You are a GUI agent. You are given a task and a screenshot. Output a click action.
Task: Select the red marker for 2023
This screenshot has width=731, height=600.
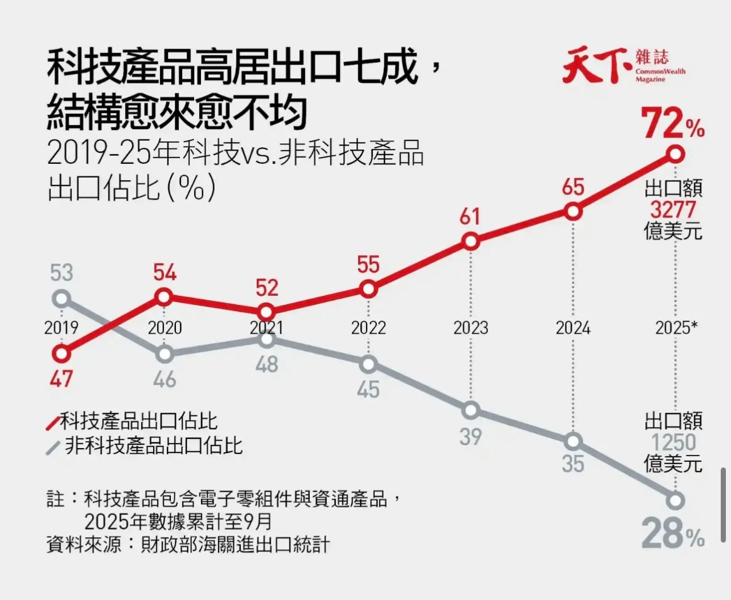[471, 241]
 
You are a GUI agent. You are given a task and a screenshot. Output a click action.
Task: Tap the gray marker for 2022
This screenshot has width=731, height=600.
[369, 364]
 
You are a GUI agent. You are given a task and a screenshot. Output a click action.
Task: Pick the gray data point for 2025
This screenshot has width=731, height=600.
[676, 501]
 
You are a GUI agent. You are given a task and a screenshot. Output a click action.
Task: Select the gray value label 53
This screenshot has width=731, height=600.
[61, 272]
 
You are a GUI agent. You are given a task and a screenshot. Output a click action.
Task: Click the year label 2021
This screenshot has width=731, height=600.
[266, 328]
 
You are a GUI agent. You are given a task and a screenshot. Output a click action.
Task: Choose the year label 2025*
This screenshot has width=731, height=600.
[676, 328]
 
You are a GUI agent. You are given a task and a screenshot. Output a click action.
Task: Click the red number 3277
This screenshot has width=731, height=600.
[673, 209]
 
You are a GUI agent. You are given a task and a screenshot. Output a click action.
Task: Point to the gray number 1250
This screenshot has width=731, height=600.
[673, 442]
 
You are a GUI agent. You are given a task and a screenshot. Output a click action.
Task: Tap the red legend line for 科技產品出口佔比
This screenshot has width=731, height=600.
[53, 423]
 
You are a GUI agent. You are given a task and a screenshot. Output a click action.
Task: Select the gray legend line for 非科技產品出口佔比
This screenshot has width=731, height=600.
[53, 448]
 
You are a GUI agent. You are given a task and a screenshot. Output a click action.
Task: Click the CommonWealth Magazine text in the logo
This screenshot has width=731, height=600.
[660, 75]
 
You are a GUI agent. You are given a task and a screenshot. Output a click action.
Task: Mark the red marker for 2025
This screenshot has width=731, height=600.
[676, 154]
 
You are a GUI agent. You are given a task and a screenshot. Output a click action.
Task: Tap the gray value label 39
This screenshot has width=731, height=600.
[470, 436]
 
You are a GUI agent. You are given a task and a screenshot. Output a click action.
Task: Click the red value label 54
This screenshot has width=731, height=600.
[164, 272]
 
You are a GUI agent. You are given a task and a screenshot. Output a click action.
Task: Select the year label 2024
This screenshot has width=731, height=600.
[573, 328]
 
